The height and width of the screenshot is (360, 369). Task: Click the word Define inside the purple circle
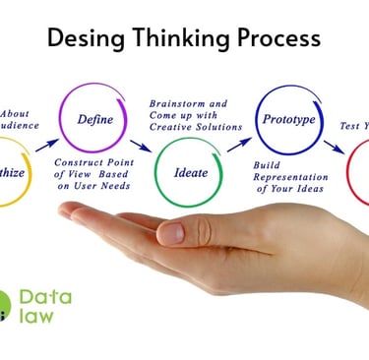coord(97,119)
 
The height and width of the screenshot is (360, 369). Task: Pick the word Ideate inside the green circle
coord(191,172)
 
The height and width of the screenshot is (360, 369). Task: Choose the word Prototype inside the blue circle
coord(287,119)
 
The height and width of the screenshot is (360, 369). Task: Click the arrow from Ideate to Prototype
coord(239,144)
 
